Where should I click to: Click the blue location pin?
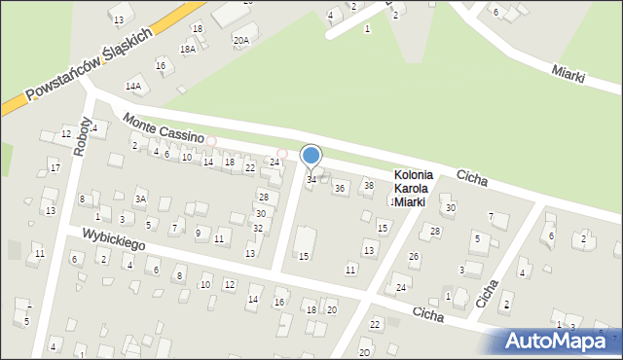(311, 157)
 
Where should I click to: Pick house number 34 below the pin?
(311, 179)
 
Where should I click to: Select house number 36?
(340, 188)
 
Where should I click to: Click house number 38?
(368, 185)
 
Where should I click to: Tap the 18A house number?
(188, 49)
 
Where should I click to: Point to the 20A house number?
(240, 40)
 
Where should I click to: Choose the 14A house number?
(132, 86)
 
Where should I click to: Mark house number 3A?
(140, 198)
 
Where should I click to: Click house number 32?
(257, 228)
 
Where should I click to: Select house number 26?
(413, 257)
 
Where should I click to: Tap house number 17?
(55, 168)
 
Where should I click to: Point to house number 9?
(198, 233)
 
